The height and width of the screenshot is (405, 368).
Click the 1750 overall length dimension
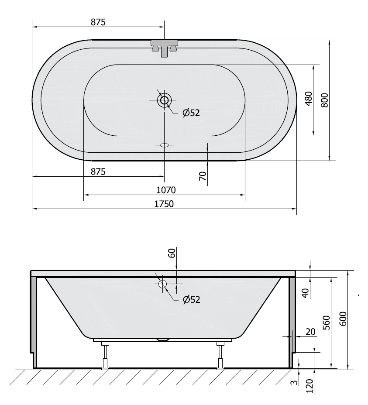pyautogui.click(x=164, y=204)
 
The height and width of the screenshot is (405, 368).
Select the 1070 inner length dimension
pyautogui.click(x=166, y=190)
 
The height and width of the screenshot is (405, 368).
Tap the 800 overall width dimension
pyautogui.click(x=325, y=100)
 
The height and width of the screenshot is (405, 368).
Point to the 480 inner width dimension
pyautogui.click(x=309, y=99)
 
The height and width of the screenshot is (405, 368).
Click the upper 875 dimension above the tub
pyautogui.click(x=98, y=22)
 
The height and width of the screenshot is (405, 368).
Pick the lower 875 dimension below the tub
pyautogui.click(x=98, y=172)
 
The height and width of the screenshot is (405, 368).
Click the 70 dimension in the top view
pyautogui.click(x=203, y=176)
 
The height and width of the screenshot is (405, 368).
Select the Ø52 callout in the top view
pyautogui.click(x=191, y=113)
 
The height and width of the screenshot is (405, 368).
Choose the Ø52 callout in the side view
pyautogui.click(x=191, y=300)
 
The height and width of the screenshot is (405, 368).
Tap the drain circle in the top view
pyautogui.click(x=164, y=100)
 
